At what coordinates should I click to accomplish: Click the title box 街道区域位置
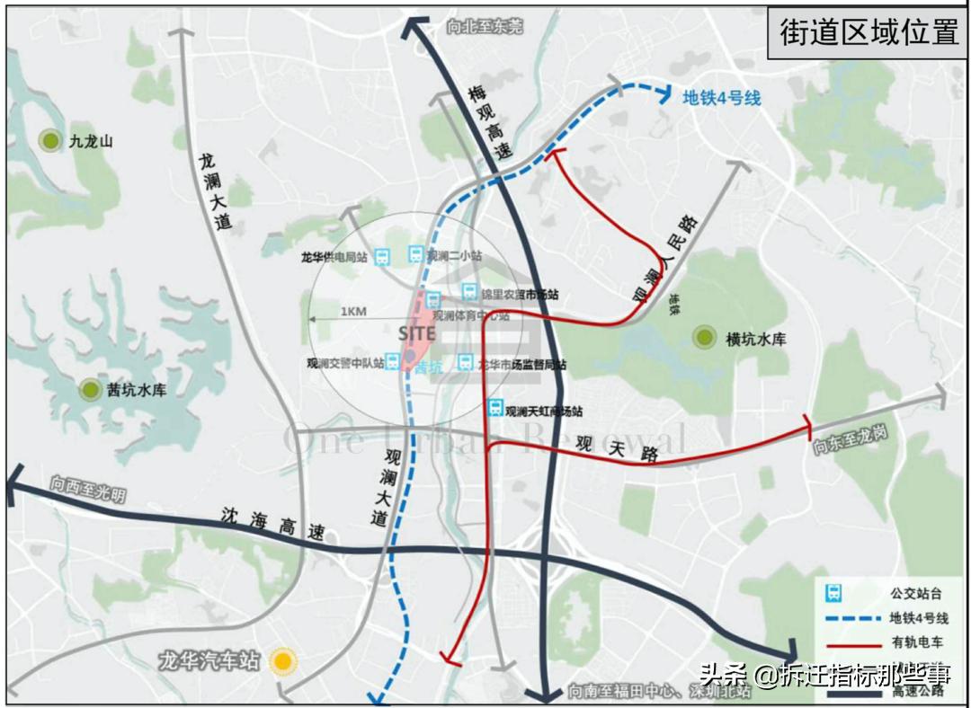tap(868, 32)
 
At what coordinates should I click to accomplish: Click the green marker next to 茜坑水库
tap(90, 390)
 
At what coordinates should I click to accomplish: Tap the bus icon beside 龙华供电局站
tap(382, 257)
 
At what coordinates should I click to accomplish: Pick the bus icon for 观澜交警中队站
tap(394, 361)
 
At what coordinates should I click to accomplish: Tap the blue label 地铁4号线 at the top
tap(721, 98)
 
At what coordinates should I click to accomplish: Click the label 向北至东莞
tap(484, 27)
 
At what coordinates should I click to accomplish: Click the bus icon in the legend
tap(834, 593)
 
